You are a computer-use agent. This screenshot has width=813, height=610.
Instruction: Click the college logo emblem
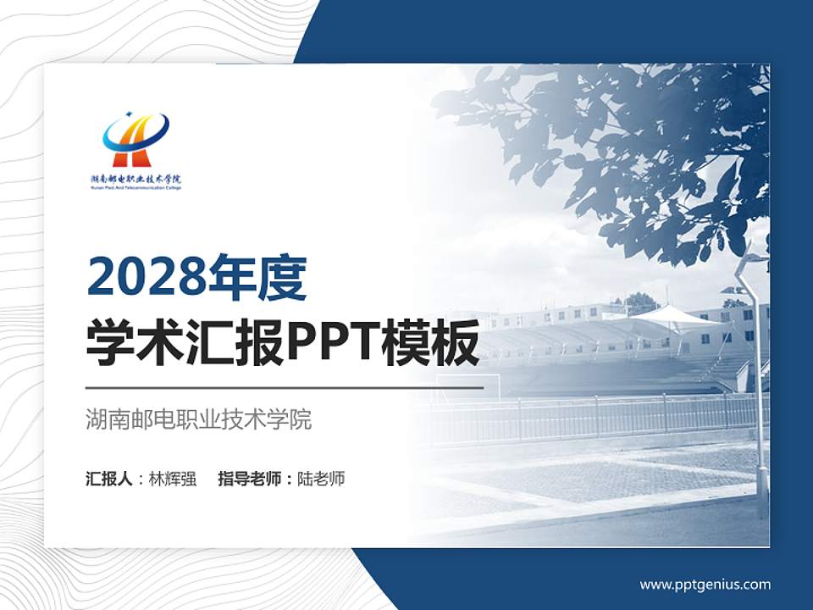pyautogui.click(x=135, y=140)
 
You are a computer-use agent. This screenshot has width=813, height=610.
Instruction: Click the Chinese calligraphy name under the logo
pyautogui.click(x=135, y=179)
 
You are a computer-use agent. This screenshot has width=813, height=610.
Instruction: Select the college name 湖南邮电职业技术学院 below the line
pyautogui.click(x=199, y=419)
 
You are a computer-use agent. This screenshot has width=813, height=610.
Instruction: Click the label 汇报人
pyautogui.click(x=109, y=479)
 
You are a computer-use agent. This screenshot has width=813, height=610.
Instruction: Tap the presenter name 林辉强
pyautogui.click(x=173, y=479)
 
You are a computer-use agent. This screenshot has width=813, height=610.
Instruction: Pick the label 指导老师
pyautogui.click(x=250, y=479)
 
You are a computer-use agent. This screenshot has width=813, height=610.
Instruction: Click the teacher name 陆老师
pyautogui.click(x=321, y=479)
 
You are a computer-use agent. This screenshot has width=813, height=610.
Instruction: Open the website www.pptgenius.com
pyautogui.click(x=705, y=585)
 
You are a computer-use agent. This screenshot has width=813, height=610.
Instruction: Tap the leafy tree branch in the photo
pyautogui.click(x=644, y=144)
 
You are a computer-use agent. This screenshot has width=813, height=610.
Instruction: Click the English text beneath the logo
pyautogui.click(x=135, y=187)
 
